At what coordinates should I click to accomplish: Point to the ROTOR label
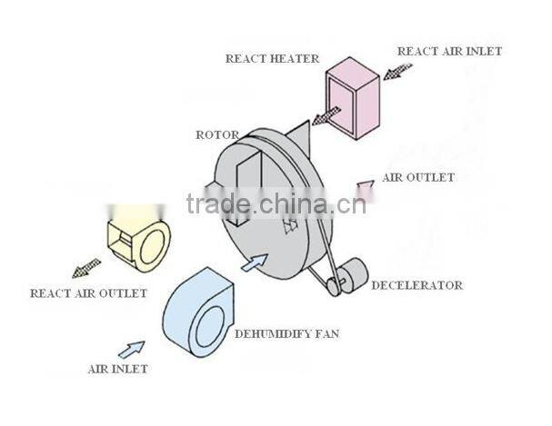pyautogui.click(x=217, y=135)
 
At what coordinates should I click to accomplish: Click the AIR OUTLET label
pyautogui.click(x=418, y=177)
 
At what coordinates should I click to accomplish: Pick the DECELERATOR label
pyautogui.click(x=417, y=285)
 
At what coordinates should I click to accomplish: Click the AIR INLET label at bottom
pyautogui.click(x=117, y=370)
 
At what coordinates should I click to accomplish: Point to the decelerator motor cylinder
pyautogui.click(x=350, y=272)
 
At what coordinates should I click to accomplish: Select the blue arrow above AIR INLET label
pyautogui.click(x=131, y=348)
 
